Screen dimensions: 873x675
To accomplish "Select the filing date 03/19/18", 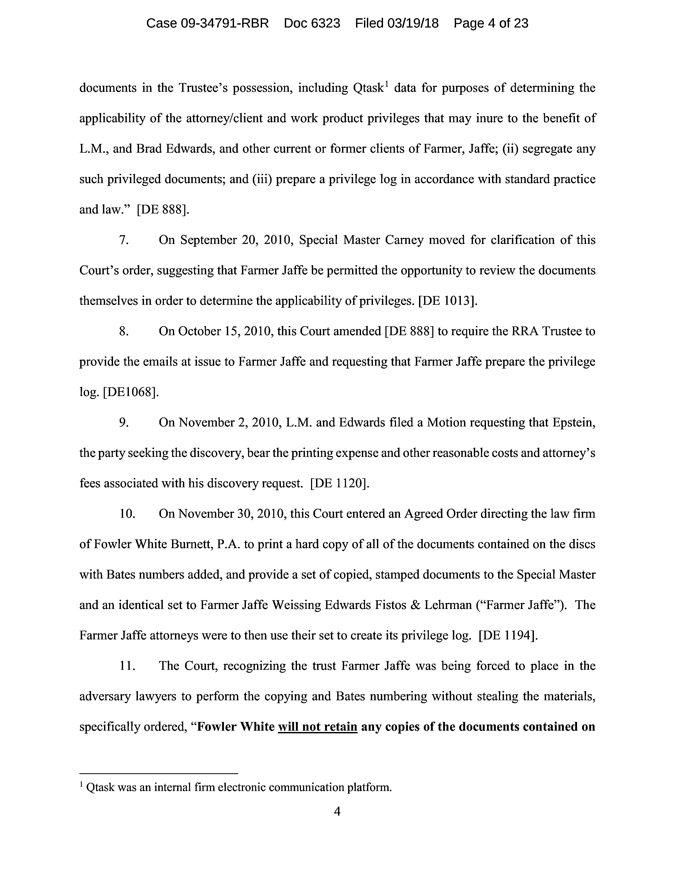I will tap(413, 24).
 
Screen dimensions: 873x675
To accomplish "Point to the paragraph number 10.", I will tap(127, 514).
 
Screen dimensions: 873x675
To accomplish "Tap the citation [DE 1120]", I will tap(340, 484).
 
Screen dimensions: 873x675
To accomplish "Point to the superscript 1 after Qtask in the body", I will tap(386, 84).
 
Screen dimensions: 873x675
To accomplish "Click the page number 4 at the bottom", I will tap(337, 811).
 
